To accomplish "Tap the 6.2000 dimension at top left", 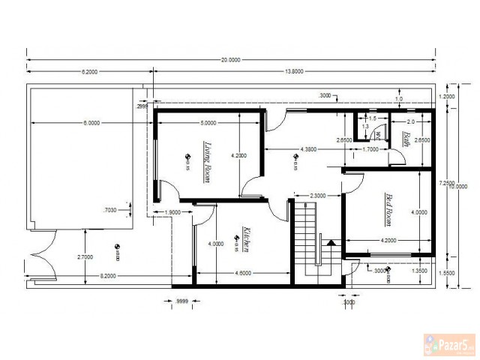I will (x=90, y=71).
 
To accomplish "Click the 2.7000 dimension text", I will (x=84, y=256).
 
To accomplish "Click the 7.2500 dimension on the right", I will (x=447, y=182).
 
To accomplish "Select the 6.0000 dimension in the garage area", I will (x=91, y=122).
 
